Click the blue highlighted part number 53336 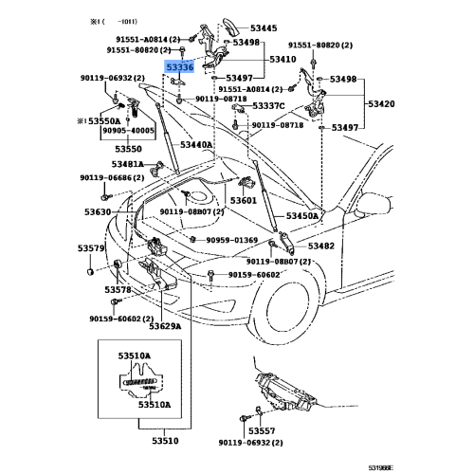pos(179,67)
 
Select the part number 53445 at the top pos(257,28)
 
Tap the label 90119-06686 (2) pos(111,177)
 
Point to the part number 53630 pos(97,212)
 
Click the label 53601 pos(244,200)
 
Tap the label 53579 pos(91,248)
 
